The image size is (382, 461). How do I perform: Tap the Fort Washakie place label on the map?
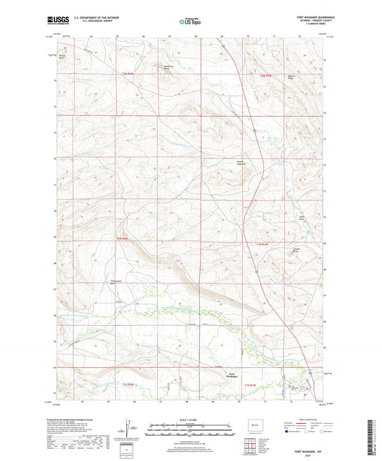(213, 374)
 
